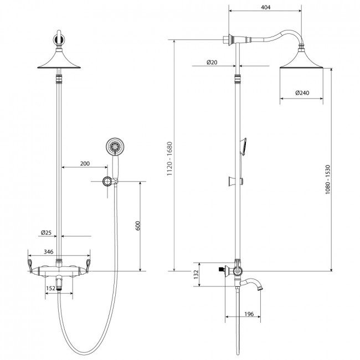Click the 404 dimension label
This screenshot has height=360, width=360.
[x=266, y=7]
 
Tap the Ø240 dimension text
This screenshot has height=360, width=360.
[x=302, y=92]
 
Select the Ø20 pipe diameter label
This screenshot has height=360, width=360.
[x=212, y=62]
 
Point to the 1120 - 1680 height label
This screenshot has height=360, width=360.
[x=169, y=158]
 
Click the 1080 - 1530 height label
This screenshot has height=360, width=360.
[x=328, y=179]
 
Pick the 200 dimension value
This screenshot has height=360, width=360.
[x=85, y=163]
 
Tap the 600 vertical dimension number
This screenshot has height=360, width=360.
[x=137, y=225]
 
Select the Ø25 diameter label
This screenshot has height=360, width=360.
[x=46, y=233]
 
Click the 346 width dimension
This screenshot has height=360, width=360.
[x=48, y=251]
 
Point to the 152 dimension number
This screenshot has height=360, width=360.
[x=50, y=288]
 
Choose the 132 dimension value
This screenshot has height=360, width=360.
[x=196, y=274]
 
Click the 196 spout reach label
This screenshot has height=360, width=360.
[x=249, y=313]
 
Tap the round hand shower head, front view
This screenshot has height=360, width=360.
[x=115, y=146]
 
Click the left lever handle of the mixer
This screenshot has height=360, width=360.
[x=30, y=266]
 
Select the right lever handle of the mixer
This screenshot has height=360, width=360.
[x=88, y=266]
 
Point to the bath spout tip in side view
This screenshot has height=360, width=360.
[x=260, y=287]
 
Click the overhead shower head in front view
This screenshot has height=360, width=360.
[x=59, y=59]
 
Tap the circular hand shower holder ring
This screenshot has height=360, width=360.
[x=107, y=181]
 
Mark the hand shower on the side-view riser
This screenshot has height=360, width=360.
[x=243, y=147]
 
